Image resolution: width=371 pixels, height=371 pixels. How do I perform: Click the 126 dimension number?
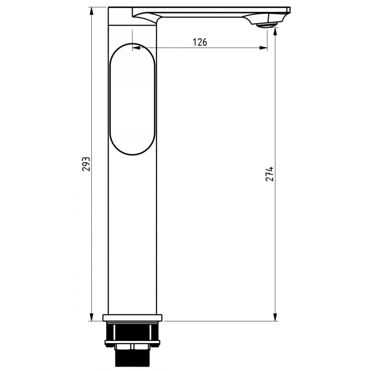tap(200, 42)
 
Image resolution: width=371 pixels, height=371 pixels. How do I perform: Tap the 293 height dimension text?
tap(86, 164)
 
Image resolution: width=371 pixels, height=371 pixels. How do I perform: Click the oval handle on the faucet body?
tap(132, 99)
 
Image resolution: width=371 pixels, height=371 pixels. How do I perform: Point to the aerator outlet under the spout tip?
tap(265, 25)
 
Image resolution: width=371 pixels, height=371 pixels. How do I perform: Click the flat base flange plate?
tap(132, 318)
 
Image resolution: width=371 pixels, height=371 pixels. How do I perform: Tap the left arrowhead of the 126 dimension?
tap(136, 47)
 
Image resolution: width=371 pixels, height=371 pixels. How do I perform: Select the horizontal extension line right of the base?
tap(218, 320)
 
